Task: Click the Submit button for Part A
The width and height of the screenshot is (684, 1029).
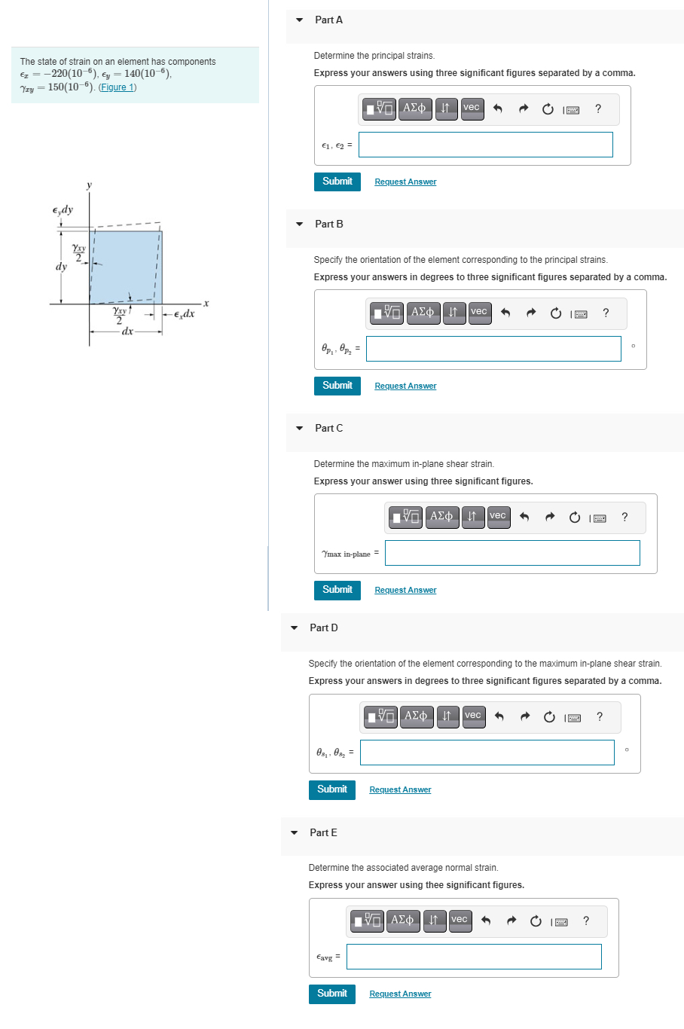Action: [x=337, y=182]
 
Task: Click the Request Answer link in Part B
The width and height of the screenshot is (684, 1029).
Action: [x=405, y=386]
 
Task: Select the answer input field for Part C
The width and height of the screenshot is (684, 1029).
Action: [x=511, y=553]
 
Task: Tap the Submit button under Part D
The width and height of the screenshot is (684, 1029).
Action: [x=331, y=789]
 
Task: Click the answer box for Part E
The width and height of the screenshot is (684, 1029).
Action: [x=473, y=957]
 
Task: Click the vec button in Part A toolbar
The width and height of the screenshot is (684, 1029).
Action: [x=471, y=108]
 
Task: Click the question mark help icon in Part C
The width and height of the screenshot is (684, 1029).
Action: [x=624, y=517]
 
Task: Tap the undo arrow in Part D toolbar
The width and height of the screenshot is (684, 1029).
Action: [x=499, y=716]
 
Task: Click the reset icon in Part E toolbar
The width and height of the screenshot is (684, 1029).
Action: [x=536, y=921]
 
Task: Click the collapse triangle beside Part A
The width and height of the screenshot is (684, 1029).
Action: [x=300, y=20]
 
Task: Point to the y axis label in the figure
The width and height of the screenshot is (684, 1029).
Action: [x=89, y=185]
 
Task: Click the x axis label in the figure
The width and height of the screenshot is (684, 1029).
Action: [x=205, y=303]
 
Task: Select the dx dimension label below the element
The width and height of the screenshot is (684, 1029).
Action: [x=127, y=331]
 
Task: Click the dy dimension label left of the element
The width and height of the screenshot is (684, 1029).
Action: [x=61, y=267]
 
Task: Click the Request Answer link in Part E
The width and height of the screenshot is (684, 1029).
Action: [x=400, y=994]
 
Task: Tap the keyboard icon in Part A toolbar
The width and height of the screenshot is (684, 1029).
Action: [x=573, y=110]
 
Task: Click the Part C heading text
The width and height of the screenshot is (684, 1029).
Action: [x=328, y=429]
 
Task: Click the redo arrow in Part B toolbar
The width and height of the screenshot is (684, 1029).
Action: [x=531, y=313]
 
